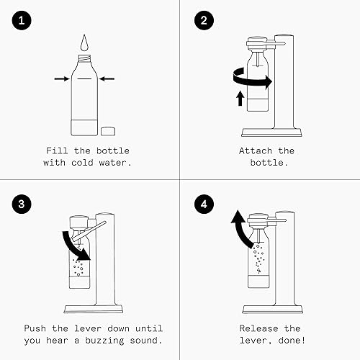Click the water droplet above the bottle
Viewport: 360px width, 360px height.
pos(86,42)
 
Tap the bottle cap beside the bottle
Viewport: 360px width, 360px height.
pos(109,131)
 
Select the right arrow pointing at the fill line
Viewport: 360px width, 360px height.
pos(109,78)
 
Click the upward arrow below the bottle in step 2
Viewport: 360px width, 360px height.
pos(239,99)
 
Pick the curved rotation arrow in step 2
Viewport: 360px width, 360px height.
pos(249,80)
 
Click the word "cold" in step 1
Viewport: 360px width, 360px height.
pos(85,163)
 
